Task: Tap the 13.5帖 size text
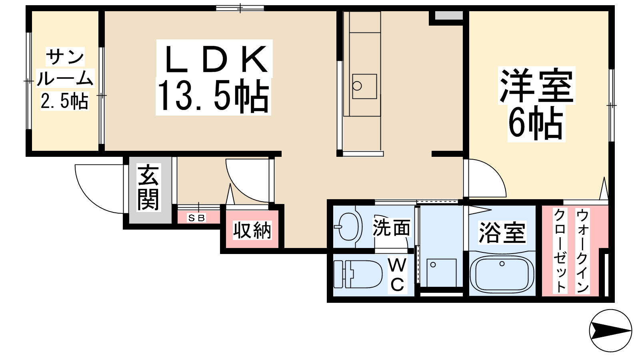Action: pyautogui.click(x=213, y=96)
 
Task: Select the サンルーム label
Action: pyautogui.click(x=65, y=68)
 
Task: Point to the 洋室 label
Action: pyautogui.click(x=536, y=85)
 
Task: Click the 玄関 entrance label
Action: pyautogui.click(x=148, y=187)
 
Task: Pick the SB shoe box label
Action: pyautogui.click(x=196, y=218)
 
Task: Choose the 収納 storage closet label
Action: pyautogui.click(x=252, y=230)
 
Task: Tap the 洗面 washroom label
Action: pyautogui.click(x=391, y=228)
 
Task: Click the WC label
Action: pyautogui.click(x=397, y=274)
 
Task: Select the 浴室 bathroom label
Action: pyautogui.click(x=502, y=232)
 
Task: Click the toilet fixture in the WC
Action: pyautogui.click(x=358, y=274)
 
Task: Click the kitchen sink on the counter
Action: pyautogui.click(x=364, y=86)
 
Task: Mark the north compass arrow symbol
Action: pyautogui.click(x=610, y=330)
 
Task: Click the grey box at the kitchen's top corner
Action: pyautogui.click(x=448, y=16)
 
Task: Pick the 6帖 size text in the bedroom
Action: pyautogui.click(x=536, y=123)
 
